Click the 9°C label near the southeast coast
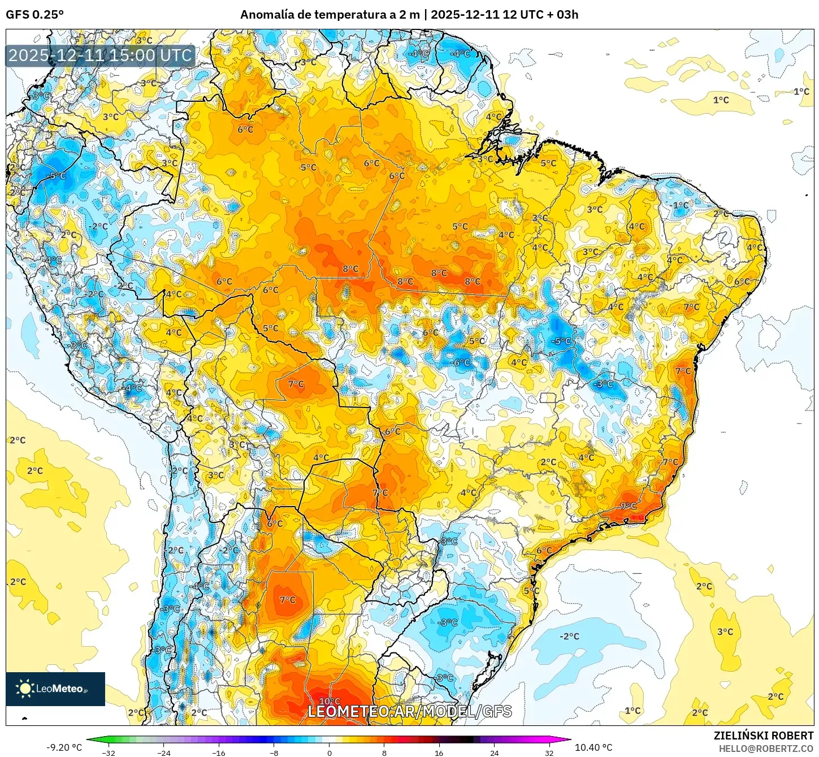[x=629, y=506]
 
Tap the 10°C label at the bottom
[x=330, y=702]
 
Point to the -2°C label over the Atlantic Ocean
[x=569, y=636]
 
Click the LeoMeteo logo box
[x=55, y=689]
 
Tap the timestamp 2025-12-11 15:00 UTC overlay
[x=101, y=55]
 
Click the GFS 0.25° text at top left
[x=34, y=15]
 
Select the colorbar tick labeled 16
[x=439, y=752]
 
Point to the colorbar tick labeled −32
[x=109, y=752]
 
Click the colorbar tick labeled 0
[x=330, y=752]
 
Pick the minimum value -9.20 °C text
[x=64, y=747]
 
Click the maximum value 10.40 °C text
[x=593, y=747]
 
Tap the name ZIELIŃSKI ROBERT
[x=763, y=736]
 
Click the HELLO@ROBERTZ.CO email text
[x=766, y=748]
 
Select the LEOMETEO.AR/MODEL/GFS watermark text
[x=410, y=711]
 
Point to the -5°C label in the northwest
[x=57, y=176]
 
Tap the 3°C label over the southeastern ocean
[x=725, y=631]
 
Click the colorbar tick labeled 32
[x=549, y=752]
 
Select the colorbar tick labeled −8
[x=274, y=752]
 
